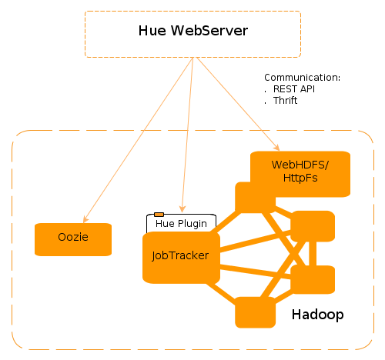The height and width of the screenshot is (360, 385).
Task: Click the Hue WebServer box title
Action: tap(192, 32)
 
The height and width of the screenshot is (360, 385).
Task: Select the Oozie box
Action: tap(73, 238)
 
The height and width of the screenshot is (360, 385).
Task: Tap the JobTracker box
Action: tap(181, 257)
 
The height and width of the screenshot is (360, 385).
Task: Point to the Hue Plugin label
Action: tap(181, 224)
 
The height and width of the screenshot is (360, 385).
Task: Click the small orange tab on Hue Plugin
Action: tap(159, 214)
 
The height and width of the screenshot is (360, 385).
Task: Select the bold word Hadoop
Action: tap(317, 315)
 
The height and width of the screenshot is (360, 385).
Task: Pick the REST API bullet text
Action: tap(293, 89)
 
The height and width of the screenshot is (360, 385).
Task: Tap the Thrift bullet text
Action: tap(285, 101)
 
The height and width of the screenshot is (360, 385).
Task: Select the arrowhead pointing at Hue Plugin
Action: tap(182, 208)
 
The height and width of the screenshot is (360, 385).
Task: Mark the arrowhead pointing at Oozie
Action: tap(85, 218)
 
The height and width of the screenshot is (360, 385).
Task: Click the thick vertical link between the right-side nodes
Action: tap(312, 253)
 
